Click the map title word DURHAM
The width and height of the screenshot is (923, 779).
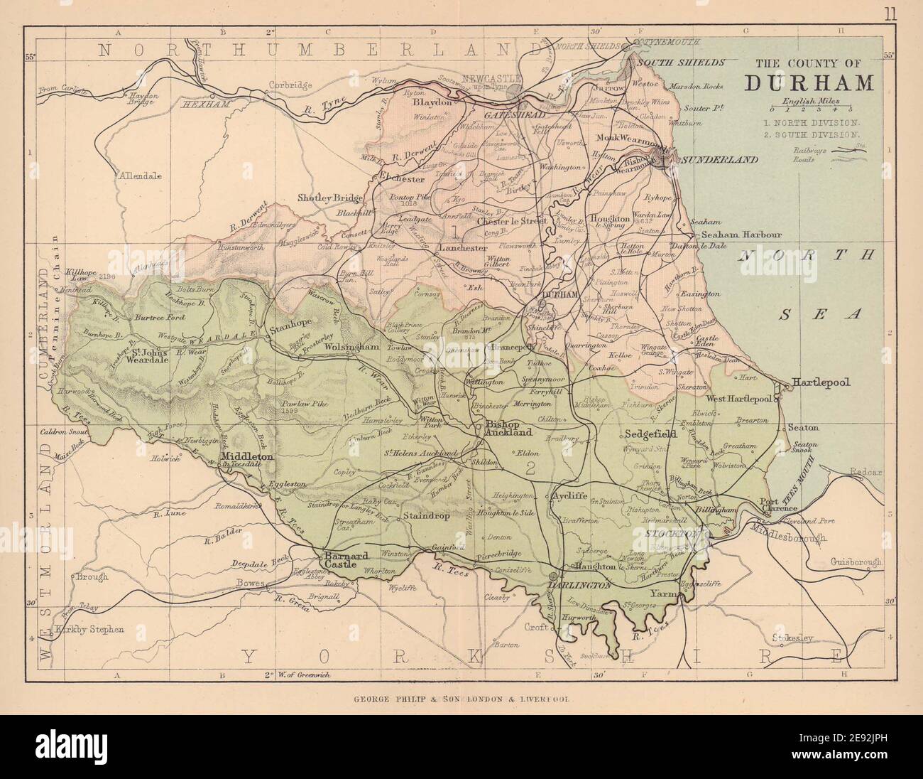point(809,82)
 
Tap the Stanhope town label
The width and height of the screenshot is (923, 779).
point(293,330)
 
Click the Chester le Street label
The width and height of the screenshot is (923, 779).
point(510,221)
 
